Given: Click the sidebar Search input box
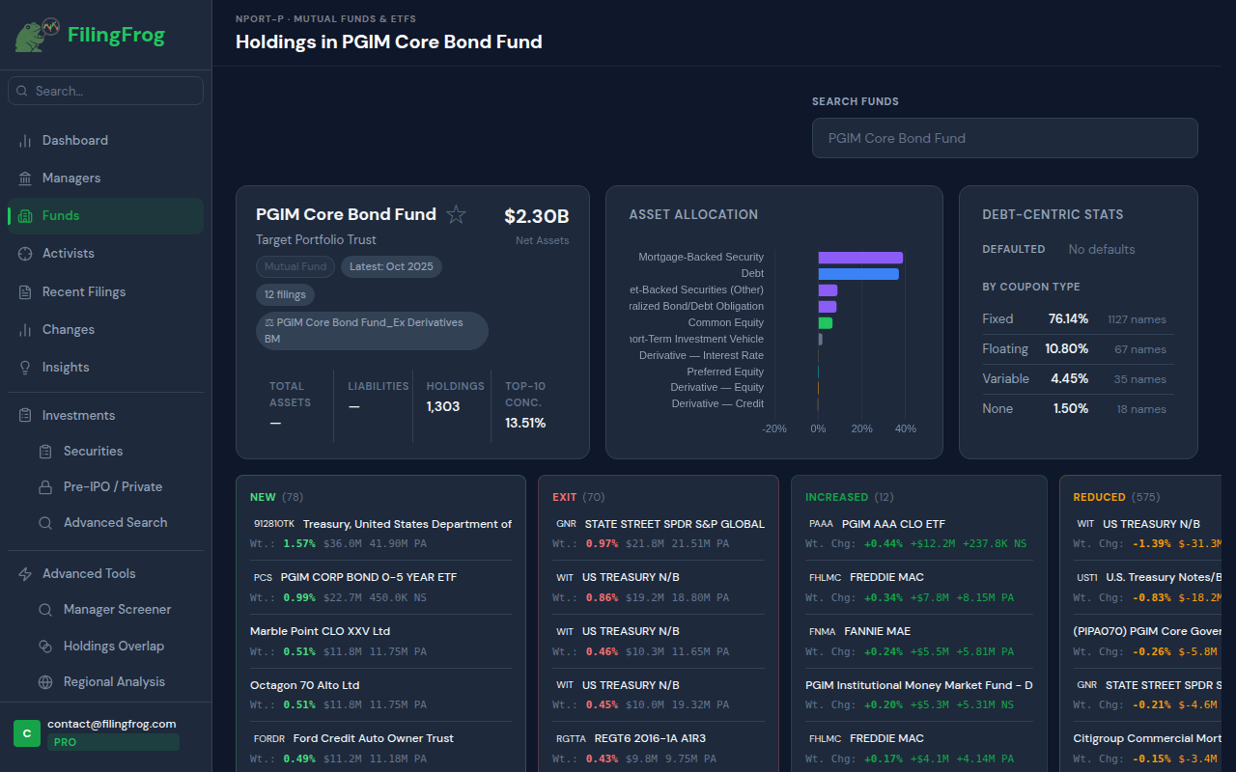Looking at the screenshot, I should pos(106,91).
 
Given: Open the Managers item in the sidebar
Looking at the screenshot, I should pos(71,178).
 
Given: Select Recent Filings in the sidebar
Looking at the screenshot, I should pos(84,291).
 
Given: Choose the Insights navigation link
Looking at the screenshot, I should pos(66,367).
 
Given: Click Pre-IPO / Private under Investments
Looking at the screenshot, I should pos(113,486).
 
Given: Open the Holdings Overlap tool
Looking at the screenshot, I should pos(114,646).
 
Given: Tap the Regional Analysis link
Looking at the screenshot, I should pos(114,681).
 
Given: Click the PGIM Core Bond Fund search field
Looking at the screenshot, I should pos(1004,138).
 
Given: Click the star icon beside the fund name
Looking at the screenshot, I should pos(457,215).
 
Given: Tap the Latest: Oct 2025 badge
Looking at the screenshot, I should pos(391,266).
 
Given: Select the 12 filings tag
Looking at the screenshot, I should pos(285,294).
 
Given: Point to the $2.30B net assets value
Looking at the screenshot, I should pos(536,216).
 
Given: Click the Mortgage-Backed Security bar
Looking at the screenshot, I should pos(859,258).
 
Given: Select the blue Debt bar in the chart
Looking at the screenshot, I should pos(857,274).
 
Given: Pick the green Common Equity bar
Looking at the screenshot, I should pos(825,323).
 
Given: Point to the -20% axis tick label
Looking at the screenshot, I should pos(773,428).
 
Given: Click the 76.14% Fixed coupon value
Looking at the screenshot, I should pos(1068,318).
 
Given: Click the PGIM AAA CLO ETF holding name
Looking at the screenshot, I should pos(893,524).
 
